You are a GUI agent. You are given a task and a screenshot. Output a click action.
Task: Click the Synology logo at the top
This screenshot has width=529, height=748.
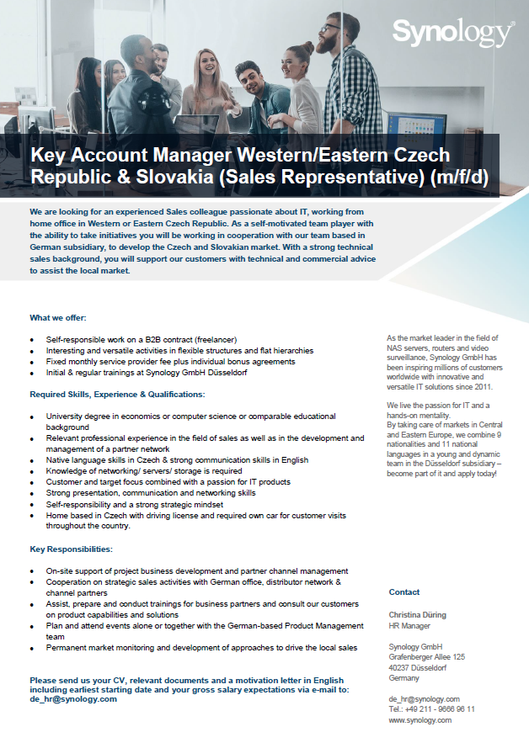pos(452,33)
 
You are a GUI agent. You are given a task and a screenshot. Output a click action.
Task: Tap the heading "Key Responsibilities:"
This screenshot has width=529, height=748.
pos(71,549)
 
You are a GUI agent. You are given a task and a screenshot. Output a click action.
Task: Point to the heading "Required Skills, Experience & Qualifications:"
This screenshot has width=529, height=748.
pos(116,394)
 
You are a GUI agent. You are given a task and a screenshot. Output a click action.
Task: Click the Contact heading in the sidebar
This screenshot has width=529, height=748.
pos(404,592)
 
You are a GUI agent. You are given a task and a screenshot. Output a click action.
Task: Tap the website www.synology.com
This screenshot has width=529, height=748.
pos(419,720)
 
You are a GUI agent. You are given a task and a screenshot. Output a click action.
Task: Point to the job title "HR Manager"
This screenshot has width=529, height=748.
pos(409,626)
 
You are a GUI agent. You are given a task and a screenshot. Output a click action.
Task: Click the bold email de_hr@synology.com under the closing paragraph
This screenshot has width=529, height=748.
pos(73,699)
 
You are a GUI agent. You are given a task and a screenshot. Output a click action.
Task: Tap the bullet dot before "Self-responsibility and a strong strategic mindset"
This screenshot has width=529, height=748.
pos(32,505)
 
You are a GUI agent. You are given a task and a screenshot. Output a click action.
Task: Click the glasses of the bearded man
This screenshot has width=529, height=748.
pos(330,29)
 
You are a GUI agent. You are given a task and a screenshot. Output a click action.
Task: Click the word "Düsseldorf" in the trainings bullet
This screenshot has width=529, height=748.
pos(226,372)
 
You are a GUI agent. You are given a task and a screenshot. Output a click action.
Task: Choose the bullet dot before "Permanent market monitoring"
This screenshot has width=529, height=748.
pos(32,649)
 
